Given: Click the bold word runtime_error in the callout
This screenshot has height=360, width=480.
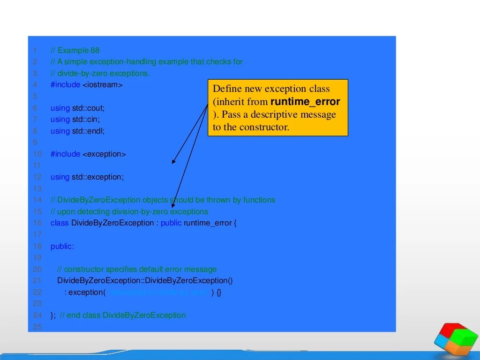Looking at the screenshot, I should (305, 102).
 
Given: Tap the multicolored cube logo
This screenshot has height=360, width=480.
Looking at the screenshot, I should (456, 338).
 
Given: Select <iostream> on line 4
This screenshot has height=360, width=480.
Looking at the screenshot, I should (102, 85).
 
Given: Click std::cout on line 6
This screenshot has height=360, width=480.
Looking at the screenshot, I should (88, 108).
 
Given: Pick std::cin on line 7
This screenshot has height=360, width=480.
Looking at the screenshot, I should (86, 120).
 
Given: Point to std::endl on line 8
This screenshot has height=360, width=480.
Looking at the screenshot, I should (88, 131).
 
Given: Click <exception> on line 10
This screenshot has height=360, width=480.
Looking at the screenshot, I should (104, 154).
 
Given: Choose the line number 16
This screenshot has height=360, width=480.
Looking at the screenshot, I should (37, 223).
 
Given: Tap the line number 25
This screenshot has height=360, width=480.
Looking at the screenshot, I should (37, 327).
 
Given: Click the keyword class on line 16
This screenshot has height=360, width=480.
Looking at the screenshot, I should (60, 223).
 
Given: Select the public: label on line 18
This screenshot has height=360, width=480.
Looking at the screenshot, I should (62, 246).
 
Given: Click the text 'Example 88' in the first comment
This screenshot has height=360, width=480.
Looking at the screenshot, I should (78, 51).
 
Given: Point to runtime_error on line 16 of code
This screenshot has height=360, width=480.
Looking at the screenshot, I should (208, 223).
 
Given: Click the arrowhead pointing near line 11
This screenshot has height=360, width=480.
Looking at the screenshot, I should (173, 162).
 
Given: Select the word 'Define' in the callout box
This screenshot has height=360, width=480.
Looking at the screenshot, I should (227, 89).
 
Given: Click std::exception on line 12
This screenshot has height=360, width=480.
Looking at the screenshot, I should (97, 177).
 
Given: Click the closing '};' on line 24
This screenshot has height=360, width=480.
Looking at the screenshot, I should (53, 315).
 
